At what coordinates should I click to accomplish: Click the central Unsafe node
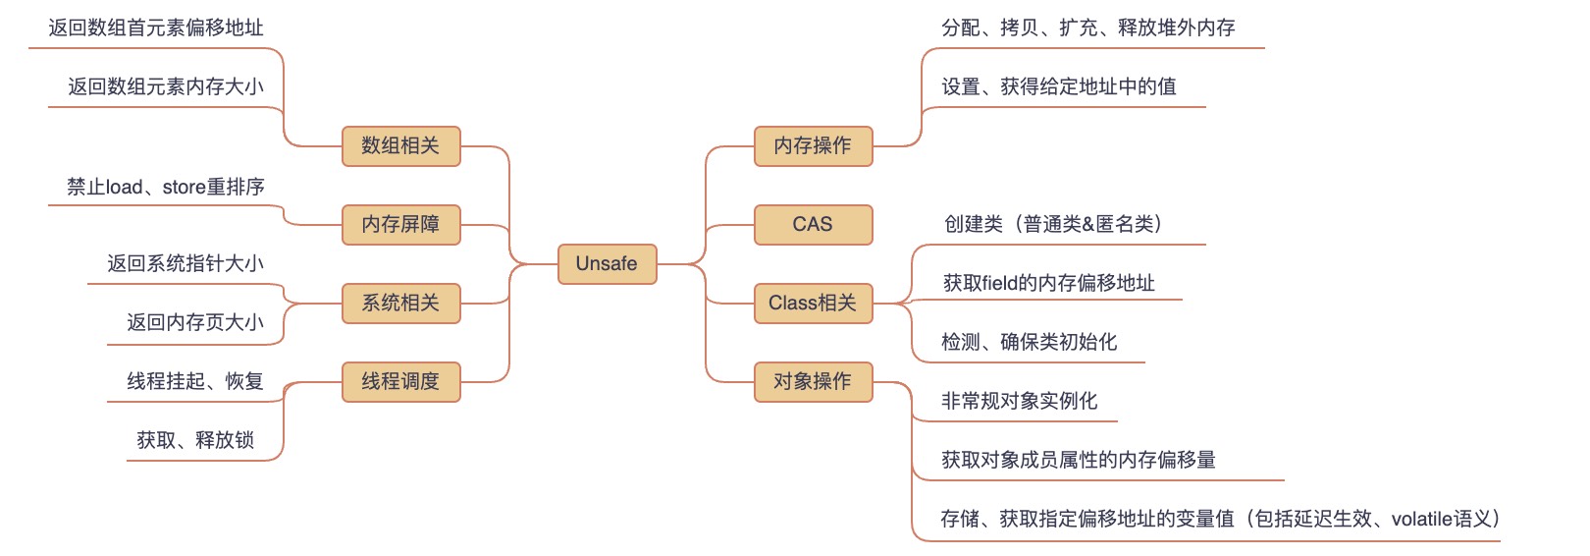coord(607,263)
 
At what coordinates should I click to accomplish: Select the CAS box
coord(813,224)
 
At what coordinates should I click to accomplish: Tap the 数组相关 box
coord(400,145)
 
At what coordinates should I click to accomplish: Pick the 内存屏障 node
coord(400,224)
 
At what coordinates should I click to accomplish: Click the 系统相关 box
coord(400,303)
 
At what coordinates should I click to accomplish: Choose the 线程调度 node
coord(400,381)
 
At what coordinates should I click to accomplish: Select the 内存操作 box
coord(813,145)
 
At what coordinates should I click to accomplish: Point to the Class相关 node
coord(813,303)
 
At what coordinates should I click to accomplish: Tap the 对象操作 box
coord(813,381)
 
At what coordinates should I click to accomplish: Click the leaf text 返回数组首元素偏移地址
coord(156,28)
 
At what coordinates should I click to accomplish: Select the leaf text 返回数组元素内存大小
coord(166,86)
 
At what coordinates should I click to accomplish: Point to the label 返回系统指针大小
coord(185,263)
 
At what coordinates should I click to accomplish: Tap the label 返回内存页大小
coord(195,322)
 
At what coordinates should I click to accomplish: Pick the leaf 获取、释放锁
coord(195,440)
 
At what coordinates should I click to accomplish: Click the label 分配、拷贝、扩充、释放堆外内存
coord(1088,28)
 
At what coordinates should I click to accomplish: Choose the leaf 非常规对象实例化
coord(1020,401)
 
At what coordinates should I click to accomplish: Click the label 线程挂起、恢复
coord(195,381)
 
